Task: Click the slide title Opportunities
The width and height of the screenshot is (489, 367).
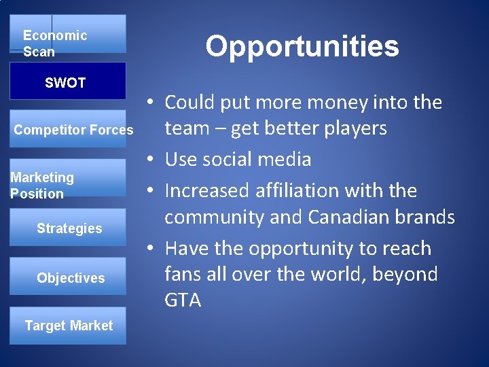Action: (302, 47)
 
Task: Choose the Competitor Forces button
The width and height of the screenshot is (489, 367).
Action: (73, 130)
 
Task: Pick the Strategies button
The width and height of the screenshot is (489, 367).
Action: (69, 228)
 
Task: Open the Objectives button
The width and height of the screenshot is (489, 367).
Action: (70, 278)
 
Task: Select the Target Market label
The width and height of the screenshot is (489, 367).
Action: (69, 326)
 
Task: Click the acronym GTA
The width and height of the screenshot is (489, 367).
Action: (183, 300)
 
